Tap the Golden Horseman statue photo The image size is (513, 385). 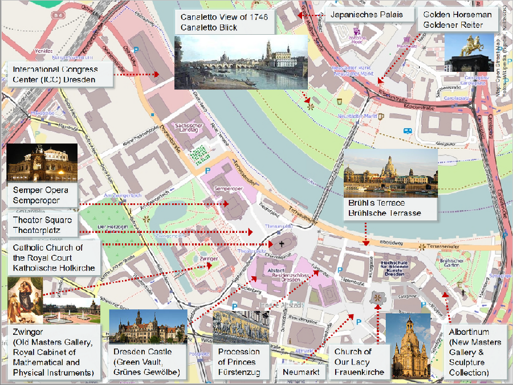pos(469,53)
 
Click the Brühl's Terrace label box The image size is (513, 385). pos(384,208)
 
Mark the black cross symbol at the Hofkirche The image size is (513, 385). pos(280,244)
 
